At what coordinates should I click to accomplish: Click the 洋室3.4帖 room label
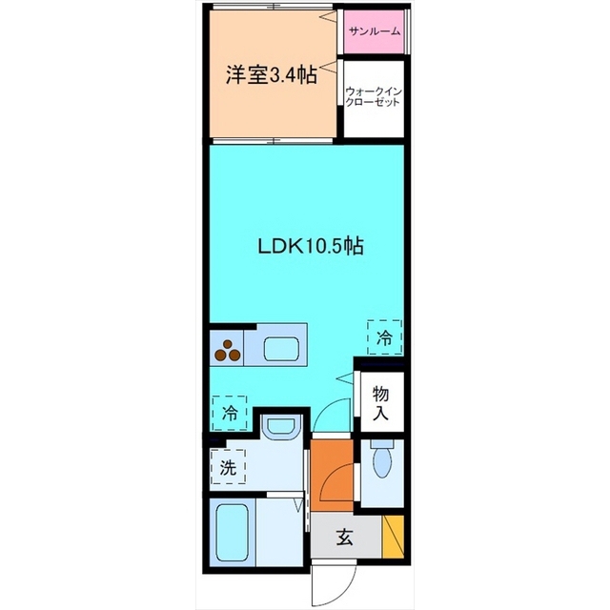[x=271, y=75]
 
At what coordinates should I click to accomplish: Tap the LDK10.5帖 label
[x=311, y=246]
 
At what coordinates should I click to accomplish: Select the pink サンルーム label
[x=375, y=30]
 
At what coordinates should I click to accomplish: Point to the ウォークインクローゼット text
[x=373, y=97]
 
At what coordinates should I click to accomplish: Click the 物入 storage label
[x=380, y=403]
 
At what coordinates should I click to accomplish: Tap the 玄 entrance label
[x=345, y=538]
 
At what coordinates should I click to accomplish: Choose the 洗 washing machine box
[x=228, y=466]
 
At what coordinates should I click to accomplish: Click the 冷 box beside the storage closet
[x=384, y=337]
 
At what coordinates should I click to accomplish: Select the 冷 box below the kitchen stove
[x=230, y=413]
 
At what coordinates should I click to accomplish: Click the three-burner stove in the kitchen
[x=228, y=351]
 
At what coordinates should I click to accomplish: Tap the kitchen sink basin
[x=282, y=349]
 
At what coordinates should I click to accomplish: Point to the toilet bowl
[x=381, y=462]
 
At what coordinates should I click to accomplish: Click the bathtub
[x=233, y=533]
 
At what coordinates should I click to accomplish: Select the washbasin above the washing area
[x=282, y=428]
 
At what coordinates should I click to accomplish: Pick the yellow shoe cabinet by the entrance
[x=393, y=537]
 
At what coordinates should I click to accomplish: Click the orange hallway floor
[x=332, y=475]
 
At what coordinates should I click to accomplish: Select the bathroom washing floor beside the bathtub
[x=279, y=533]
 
